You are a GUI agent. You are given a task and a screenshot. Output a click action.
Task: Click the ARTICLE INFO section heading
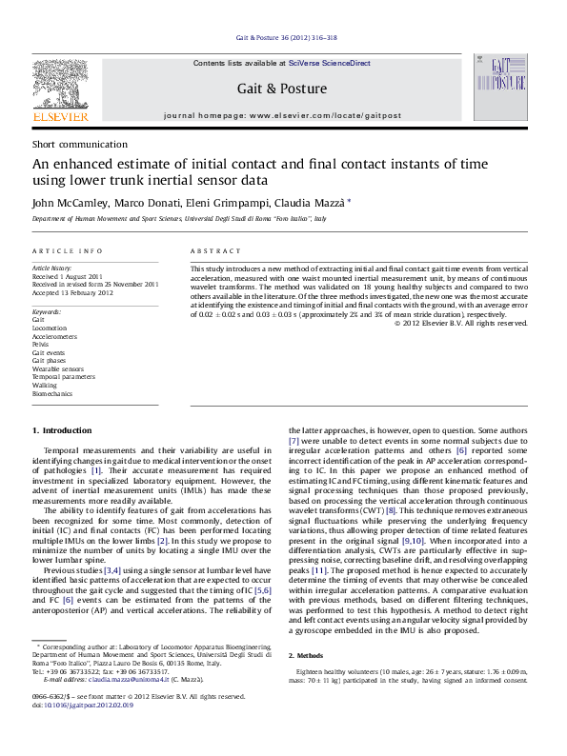(68, 250)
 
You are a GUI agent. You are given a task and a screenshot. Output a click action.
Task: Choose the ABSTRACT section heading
(215, 250)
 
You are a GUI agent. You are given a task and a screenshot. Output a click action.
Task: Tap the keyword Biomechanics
(51, 393)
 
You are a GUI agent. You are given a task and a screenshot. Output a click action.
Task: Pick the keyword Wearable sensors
(57, 368)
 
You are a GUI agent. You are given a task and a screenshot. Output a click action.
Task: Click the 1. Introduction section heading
(62, 430)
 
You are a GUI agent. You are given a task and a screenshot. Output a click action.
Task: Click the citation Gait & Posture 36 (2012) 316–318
(282, 39)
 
